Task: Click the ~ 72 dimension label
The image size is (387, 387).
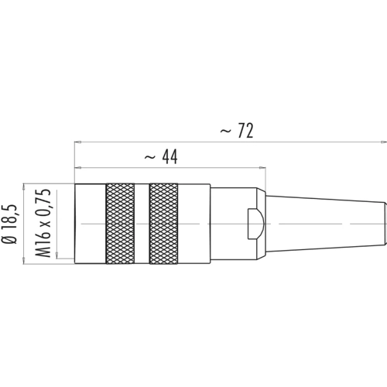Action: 237,131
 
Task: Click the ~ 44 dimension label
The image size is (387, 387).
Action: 161,157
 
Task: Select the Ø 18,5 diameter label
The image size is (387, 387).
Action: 9,224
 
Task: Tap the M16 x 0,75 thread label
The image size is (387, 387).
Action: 43,223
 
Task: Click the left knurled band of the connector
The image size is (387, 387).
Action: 120,224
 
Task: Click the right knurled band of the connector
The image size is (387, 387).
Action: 163,224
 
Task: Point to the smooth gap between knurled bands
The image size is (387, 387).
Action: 142,224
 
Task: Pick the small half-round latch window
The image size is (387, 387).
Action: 255,224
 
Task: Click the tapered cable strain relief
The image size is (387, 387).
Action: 326,224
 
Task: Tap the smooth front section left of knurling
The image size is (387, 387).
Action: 91,224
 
